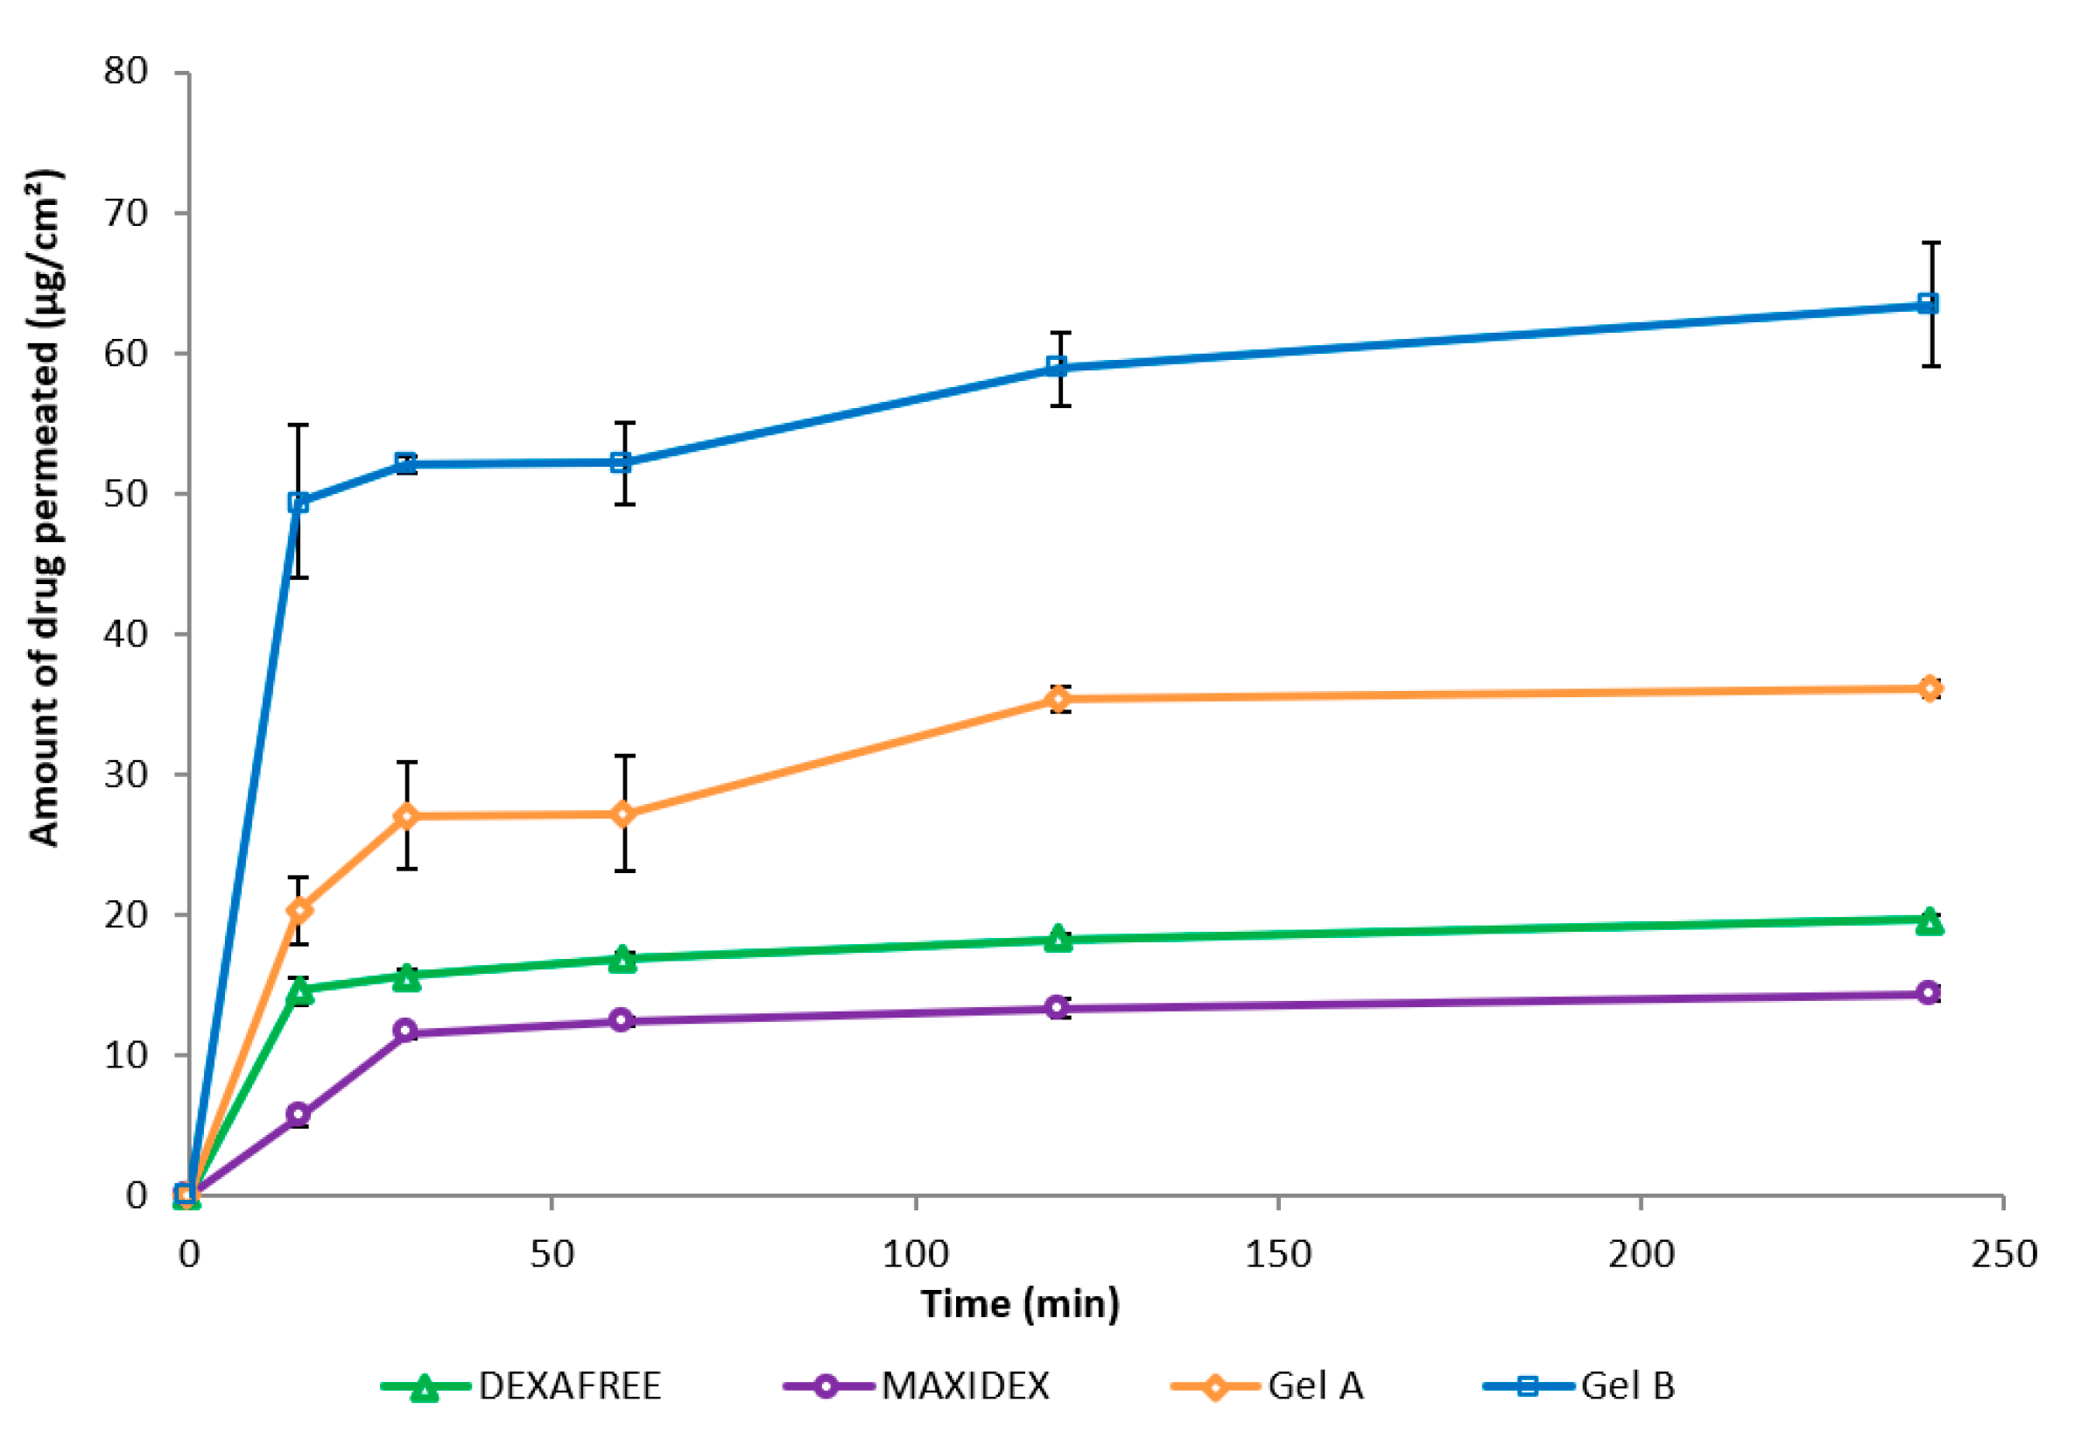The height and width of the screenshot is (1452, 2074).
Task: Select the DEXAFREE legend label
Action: [569, 1386]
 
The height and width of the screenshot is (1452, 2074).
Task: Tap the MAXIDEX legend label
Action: [965, 1386]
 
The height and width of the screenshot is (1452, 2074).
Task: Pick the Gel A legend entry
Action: [1314, 1386]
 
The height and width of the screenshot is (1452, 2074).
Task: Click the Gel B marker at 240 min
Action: [1928, 304]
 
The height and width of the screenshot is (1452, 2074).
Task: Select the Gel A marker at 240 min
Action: [1929, 688]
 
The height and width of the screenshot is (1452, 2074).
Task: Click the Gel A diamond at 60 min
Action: [622, 814]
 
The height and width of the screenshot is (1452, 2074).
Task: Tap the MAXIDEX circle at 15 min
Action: [298, 1115]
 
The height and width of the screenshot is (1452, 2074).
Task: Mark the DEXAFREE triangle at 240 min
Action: [1929, 921]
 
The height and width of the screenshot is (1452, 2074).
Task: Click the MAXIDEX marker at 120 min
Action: [1058, 1007]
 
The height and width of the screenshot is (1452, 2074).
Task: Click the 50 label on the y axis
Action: [125, 493]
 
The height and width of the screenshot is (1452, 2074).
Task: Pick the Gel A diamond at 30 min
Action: [406, 816]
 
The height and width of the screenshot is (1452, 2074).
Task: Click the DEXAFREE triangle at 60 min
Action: [622, 960]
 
